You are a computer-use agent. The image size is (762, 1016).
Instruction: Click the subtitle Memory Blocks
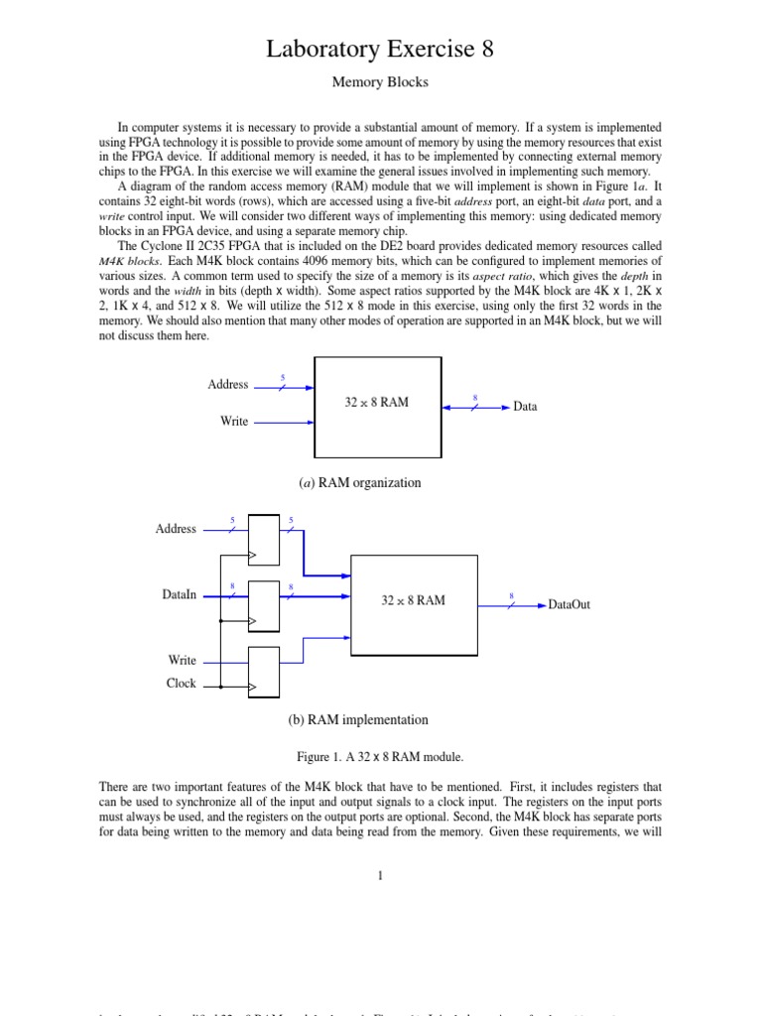tap(380, 82)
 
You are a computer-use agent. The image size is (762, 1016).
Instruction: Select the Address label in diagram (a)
tap(228, 385)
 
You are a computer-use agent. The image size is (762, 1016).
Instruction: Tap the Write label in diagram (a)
tap(234, 422)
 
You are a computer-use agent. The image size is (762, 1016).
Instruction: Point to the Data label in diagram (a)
tap(525, 407)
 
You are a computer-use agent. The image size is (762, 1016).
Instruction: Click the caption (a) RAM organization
tap(360, 483)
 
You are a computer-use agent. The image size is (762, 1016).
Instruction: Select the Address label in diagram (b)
tap(176, 530)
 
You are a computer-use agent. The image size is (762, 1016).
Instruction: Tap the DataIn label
tap(180, 595)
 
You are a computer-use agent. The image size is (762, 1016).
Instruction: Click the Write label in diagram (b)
tap(183, 661)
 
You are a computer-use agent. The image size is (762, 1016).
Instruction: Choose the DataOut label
tap(570, 604)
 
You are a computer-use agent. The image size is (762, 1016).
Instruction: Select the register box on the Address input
tap(264, 540)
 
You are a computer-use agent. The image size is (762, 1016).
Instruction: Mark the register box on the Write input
tap(264, 671)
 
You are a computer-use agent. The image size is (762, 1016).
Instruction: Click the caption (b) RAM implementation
tap(358, 720)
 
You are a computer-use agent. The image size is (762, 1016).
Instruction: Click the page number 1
tap(380, 875)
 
